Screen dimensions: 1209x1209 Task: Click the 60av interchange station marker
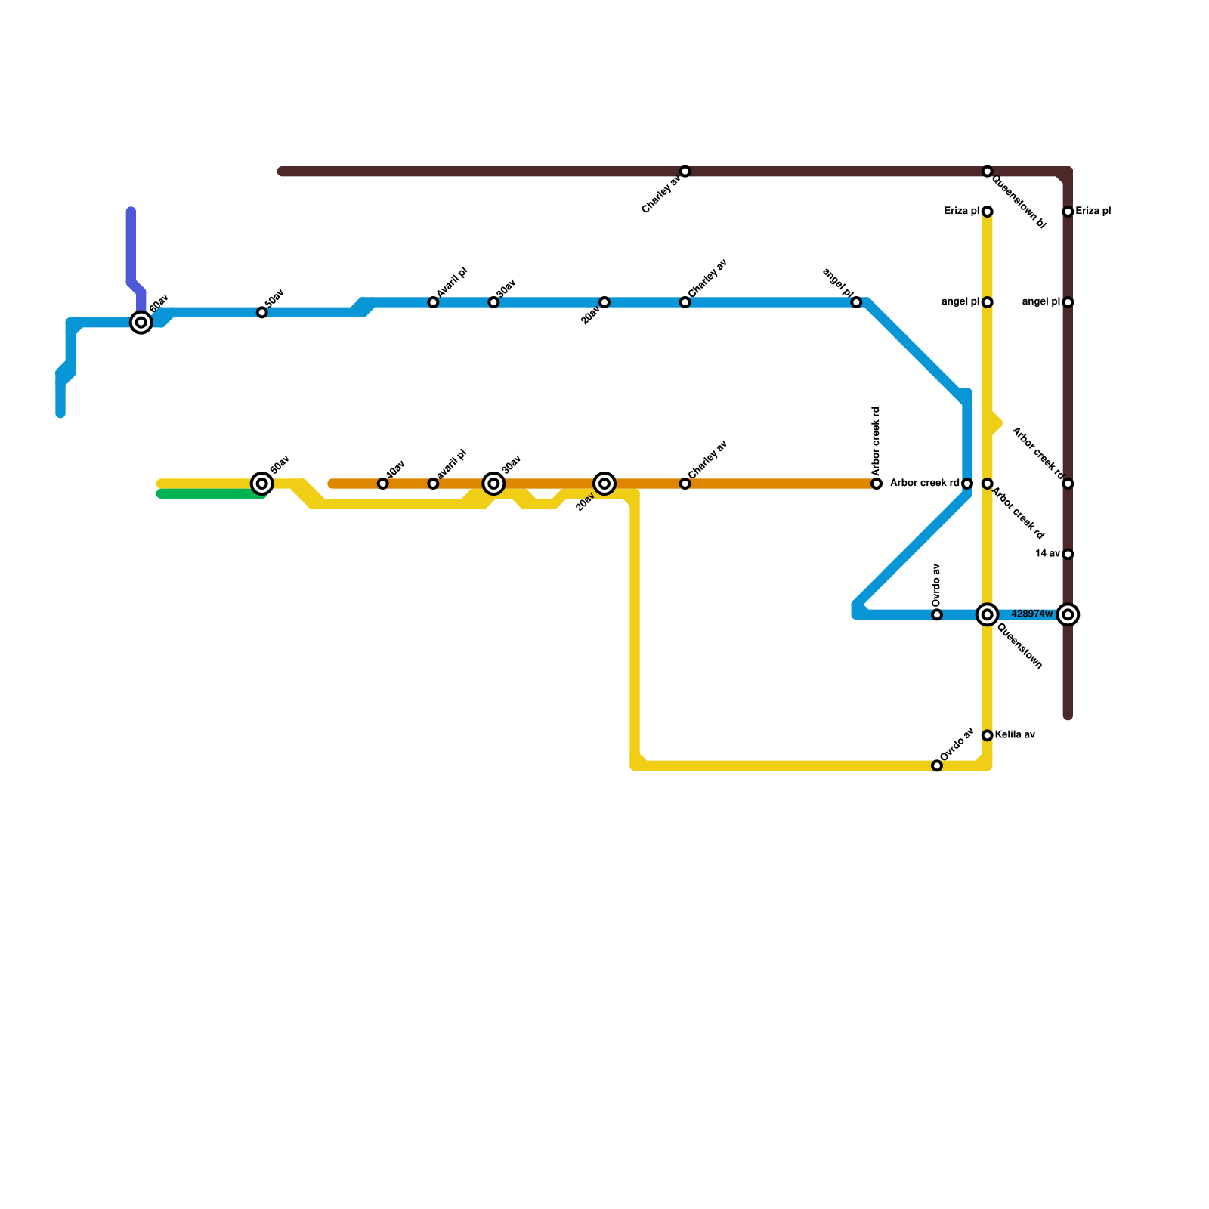tap(141, 323)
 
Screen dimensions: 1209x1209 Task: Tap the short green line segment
tap(212, 494)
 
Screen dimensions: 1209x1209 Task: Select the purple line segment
tap(131, 249)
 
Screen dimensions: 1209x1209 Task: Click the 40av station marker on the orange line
tap(383, 484)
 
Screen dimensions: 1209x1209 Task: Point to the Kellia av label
tap(1014, 735)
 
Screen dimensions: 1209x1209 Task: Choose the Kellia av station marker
tap(987, 735)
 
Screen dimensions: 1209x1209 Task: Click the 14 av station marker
tap(1068, 554)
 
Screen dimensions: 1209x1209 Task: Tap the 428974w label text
tap(1031, 614)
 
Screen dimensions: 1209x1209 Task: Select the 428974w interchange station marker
tap(1068, 614)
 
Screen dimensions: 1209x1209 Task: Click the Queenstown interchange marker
tap(987, 614)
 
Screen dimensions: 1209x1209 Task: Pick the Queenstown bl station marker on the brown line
tap(987, 172)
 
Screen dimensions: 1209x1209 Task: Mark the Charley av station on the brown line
tap(685, 172)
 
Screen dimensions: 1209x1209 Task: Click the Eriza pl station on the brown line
tap(1068, 212)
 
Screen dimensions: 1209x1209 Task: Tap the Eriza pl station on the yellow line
tap(987, 212)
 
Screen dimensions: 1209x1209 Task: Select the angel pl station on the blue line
tap(856, 302)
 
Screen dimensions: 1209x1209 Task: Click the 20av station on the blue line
tap(604, 302)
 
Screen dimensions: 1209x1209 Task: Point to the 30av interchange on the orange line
tap(493, 484)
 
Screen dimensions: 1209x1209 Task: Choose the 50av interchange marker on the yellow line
tap(262, 484)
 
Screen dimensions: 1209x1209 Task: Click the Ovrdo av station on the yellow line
tap(937, 765)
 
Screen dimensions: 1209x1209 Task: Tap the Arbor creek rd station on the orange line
tap(877, 484)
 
